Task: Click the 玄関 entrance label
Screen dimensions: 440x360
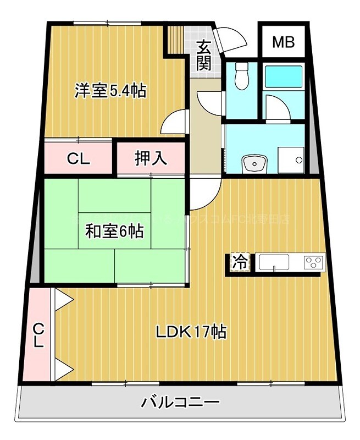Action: pos(204,55)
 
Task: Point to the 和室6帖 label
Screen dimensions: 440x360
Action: pos(114,232)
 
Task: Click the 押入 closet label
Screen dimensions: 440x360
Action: pos(151,158)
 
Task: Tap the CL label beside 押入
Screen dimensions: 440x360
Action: pos(78,158)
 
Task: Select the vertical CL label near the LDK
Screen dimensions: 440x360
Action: pos(37,335)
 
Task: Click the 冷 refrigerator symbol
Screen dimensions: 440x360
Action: pos(239,262)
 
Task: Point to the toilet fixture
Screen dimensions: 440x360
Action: pos(240,76)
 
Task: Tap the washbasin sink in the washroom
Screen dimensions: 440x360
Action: pos(253,163)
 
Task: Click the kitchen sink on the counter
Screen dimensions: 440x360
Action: pos(273,262)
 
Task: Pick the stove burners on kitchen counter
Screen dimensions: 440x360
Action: pos(314,262)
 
